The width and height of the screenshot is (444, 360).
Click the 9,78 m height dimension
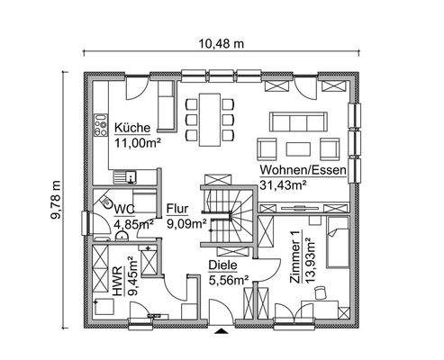pyautogui.click(x=55, y=202)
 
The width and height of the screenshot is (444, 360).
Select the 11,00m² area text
pyautogui.click(x=136, y=142)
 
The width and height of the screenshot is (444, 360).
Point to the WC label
pyautogui.click(x=124, y=209)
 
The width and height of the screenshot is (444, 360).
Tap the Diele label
pyautogui.click(x=222, y=266)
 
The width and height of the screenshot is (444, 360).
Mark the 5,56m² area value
pyautogui.click(x=229, y=280)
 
